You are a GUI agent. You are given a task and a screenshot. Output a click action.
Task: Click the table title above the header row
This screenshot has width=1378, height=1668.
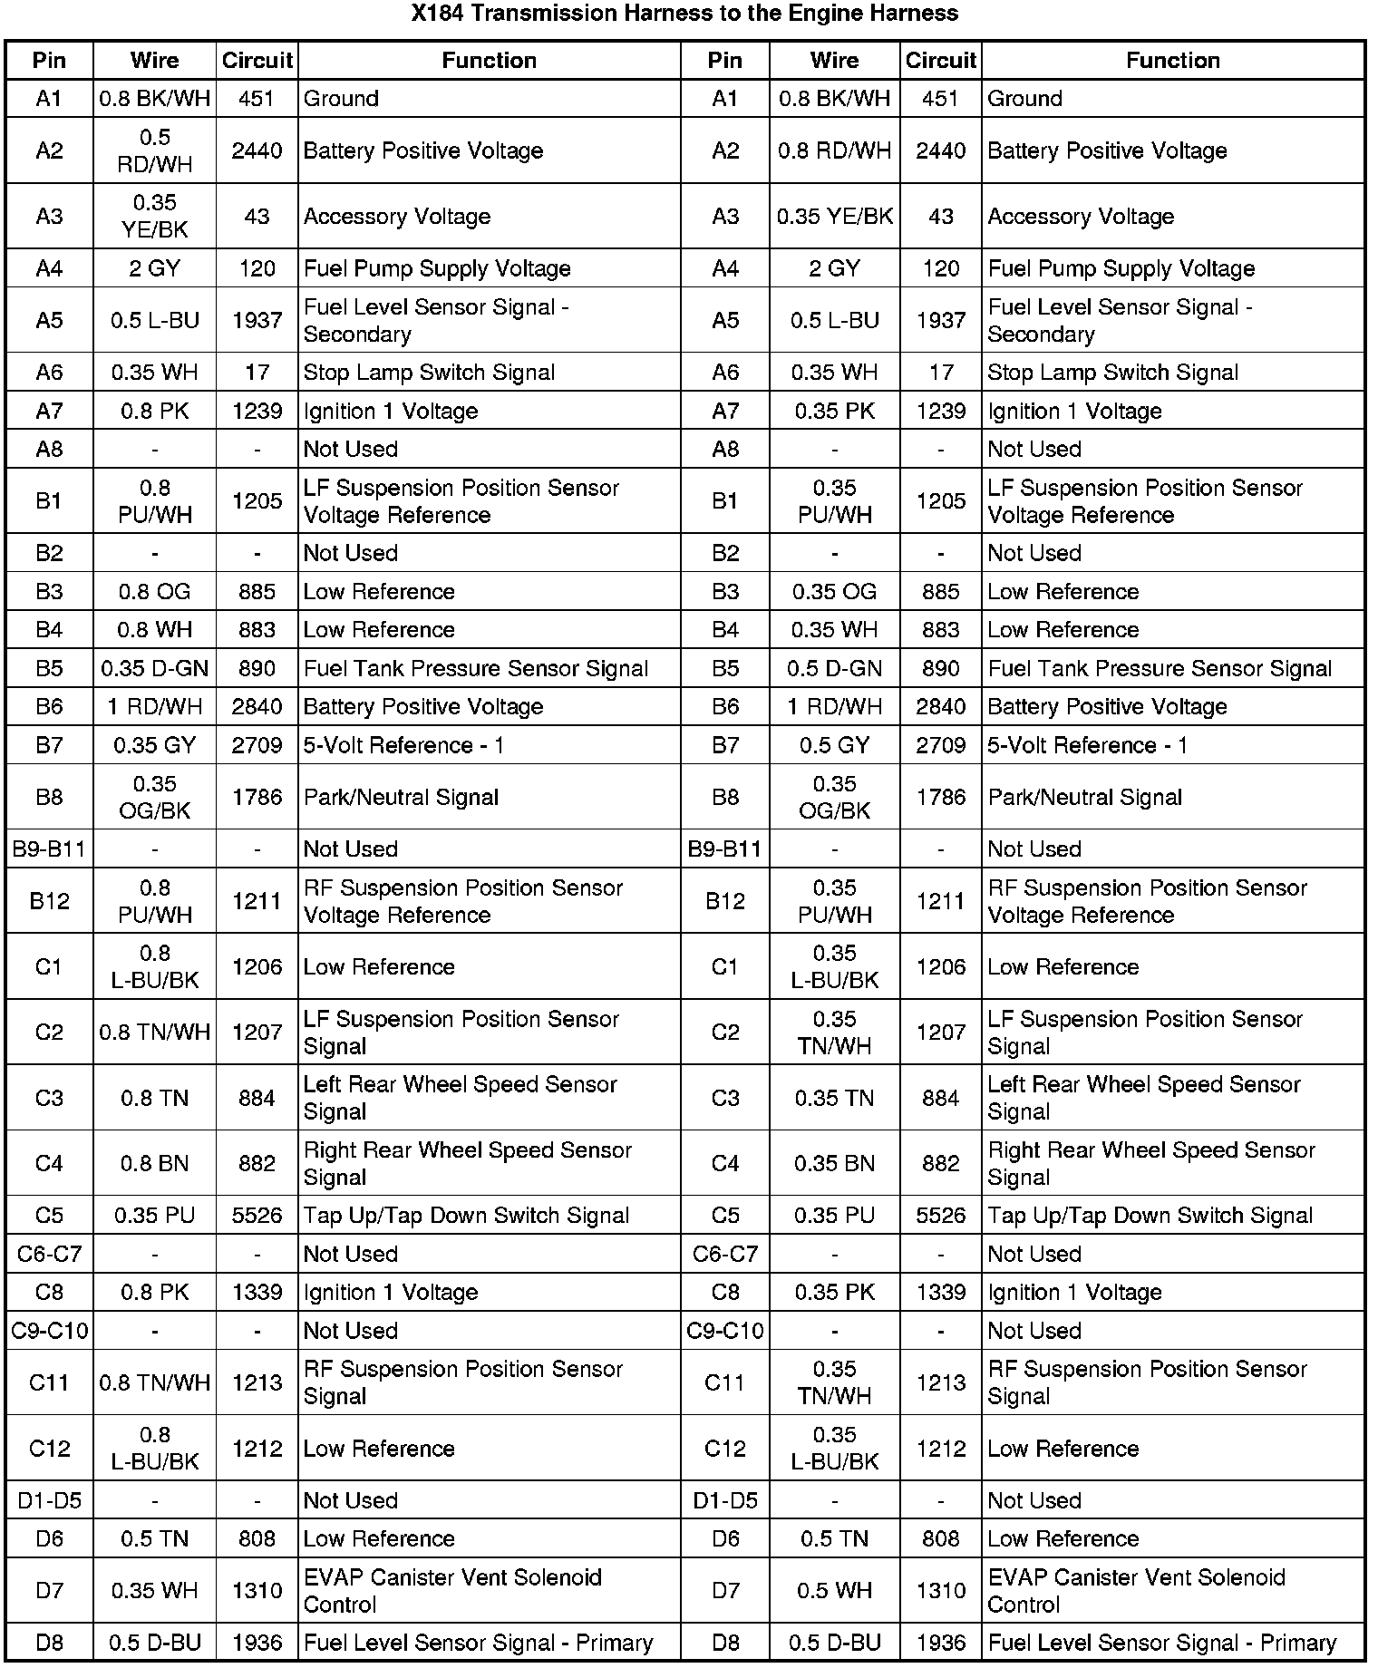tap(684, 14)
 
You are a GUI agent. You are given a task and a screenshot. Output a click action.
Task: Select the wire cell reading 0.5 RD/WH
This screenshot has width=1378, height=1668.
tap(155, 151)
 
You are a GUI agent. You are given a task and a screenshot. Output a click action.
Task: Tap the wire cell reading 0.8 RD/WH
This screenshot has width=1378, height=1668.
tap(834, 151)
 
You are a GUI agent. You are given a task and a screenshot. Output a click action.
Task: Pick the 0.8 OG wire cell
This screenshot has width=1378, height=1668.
tap(155, 592)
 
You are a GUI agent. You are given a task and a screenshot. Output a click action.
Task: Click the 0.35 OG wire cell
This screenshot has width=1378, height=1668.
tap(834, 592)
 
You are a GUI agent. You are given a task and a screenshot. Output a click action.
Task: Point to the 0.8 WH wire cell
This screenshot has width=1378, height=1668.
tap(155, 630)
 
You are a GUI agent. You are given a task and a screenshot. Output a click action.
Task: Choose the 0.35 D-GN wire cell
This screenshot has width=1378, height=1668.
tap(155, 669)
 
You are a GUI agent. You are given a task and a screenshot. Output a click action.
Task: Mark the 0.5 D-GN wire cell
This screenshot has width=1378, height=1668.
tap(834, 669)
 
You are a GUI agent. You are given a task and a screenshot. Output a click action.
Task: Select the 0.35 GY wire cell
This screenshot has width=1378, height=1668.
tap(155, 745)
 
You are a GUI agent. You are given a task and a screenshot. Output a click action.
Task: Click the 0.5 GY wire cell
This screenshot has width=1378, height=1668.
tap(834, 745)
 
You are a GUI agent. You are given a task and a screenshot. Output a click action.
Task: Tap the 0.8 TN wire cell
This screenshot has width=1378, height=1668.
tap(155, 1099)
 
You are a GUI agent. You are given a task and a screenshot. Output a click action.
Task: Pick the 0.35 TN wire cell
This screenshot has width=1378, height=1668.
tap(834, 1099)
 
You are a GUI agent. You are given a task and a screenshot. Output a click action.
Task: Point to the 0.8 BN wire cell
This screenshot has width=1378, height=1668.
tap(155, 1164)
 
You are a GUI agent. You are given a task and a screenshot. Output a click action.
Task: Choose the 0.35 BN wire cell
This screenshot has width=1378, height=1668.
tap(834, 1164)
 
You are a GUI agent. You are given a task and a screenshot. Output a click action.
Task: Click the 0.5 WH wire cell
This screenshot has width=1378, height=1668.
tap(834, 1591)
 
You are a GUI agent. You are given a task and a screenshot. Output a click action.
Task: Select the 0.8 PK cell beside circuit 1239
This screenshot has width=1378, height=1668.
tap(155, 412)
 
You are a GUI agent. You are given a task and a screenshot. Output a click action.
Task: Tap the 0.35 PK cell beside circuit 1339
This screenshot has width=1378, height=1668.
tap(834, 1293)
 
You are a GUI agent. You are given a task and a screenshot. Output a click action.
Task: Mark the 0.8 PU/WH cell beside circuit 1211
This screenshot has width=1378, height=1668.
tap(155, 902)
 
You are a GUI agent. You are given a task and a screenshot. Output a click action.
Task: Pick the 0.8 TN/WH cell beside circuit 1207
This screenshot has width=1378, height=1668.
tap(155, 1033)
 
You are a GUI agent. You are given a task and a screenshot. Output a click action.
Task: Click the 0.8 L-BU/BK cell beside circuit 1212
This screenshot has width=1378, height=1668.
tap(155, 1449)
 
